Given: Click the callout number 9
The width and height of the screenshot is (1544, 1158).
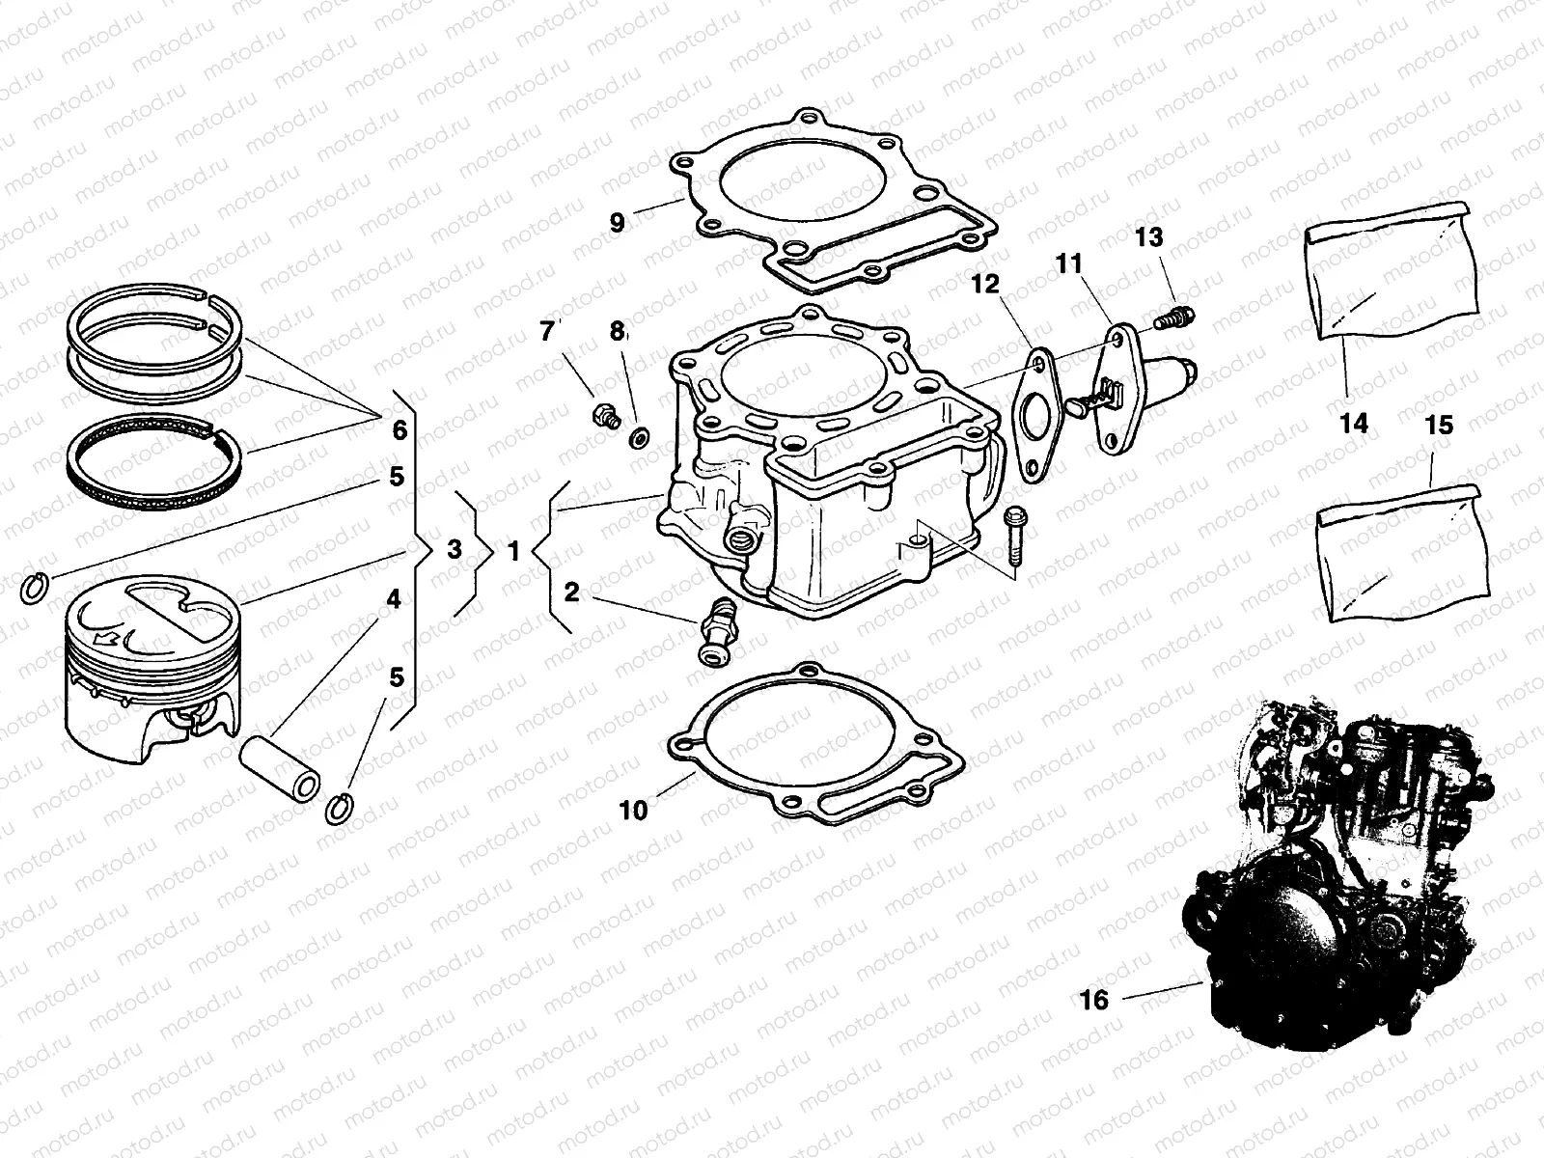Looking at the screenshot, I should pos(618,222).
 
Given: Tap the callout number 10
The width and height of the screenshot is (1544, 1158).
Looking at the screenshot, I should pos(633,811).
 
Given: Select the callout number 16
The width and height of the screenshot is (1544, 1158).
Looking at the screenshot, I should pos(1094,1000).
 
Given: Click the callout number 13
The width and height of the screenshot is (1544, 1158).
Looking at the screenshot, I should pos(1149,237).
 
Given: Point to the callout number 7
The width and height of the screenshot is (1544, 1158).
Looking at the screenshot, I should pos(547,332).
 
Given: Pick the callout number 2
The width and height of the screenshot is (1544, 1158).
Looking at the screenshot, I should pos(572,592).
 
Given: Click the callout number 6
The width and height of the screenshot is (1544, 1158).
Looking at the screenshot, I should pos(400,430).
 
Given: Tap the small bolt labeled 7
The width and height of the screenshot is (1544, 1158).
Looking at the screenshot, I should pos(605,418).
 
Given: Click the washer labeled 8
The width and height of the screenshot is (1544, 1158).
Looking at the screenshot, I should pos(639,439).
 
